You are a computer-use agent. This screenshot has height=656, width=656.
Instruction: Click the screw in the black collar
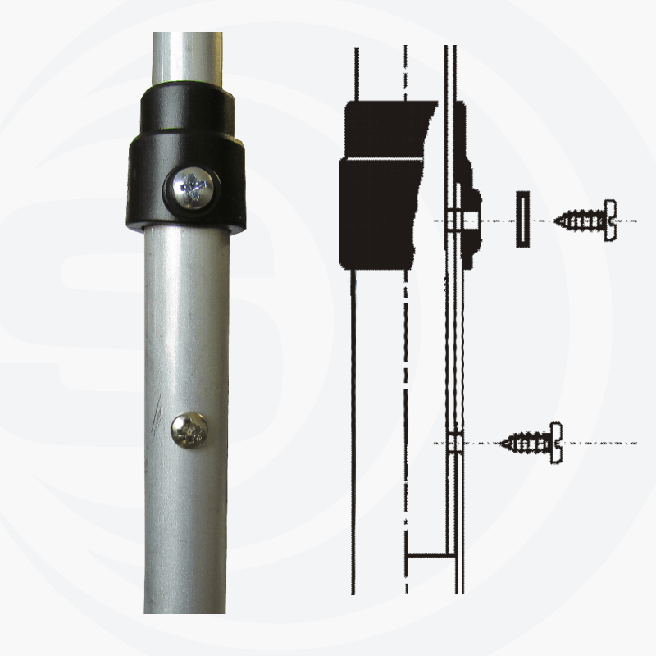[194, 189]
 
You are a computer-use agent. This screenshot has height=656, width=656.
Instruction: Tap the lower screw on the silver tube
[189, 430]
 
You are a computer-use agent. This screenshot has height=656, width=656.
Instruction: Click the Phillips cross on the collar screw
[194, 188]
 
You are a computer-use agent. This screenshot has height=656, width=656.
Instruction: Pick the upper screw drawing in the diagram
[585, 220]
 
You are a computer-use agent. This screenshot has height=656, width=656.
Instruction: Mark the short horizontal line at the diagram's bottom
[430, 555]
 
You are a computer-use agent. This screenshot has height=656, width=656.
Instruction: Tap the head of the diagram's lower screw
[558, 443]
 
